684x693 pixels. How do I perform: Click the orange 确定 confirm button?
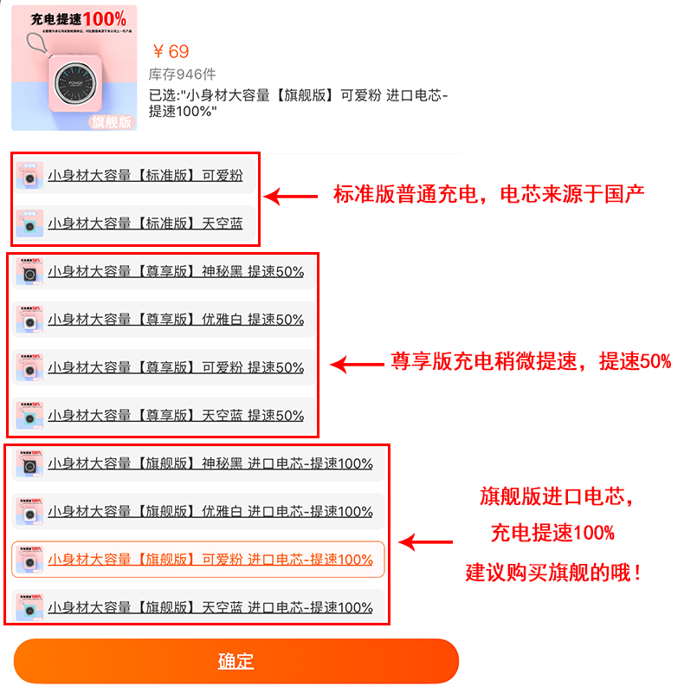pyautogui.click(x=236, y=661)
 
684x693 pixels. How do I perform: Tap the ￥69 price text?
pyautogui.click(x=170, y=51)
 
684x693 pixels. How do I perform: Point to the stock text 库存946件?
pyautogui.click(x=183, y=74)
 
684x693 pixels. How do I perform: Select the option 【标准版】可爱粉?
pyautogui.click(x=145, y=176)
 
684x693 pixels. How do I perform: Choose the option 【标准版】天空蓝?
pyautogui.click(x=145, y=223)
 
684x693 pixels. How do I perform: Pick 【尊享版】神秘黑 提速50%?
pyautogui.click(x=175, y=272)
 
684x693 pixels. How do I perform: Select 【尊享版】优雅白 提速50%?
pyautogui.click(x=175, y=320)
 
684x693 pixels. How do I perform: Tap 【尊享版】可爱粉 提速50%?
pyautogui.click(x=175, y=367)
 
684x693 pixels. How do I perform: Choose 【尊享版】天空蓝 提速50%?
pyautogui.click(x=175, y=416)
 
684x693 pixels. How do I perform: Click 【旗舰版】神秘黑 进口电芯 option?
pyautogui.click(x=210, y=463)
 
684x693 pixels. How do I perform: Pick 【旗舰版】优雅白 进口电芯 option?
pyautogui.click(x=210, y=512)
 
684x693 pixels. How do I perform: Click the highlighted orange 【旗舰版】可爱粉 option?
pyautogui.click(x=210, y=560)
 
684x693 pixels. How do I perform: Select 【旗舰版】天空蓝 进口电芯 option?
pyautogui.click(x=210, y=607)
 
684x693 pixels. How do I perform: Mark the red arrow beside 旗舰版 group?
pyautogui.click(x=425, y=544)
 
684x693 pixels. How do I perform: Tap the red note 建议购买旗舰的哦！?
pyautogui.click(x=554, y=573)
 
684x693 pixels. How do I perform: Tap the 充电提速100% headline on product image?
pyautogui.click(x=78, y=18)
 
